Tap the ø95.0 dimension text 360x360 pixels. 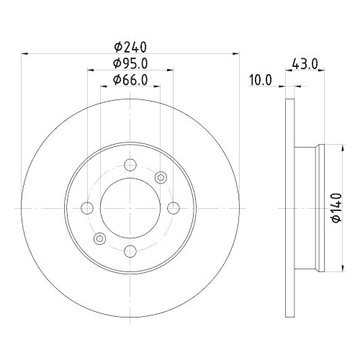(x=130, y=64)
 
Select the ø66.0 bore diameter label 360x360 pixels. (x=130, y=81)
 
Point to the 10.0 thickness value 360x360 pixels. (x=260, y=81)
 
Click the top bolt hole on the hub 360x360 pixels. (x=130, y=165)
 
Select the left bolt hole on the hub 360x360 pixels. (x=88, y=208)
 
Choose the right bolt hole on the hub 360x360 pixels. (x=173, y=208)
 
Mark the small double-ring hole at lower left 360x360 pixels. (x=100, y=238)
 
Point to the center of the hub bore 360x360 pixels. (x=130, y=208)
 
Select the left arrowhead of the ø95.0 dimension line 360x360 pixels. (x=91, y=71)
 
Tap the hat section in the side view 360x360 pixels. (x=308, y=208)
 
